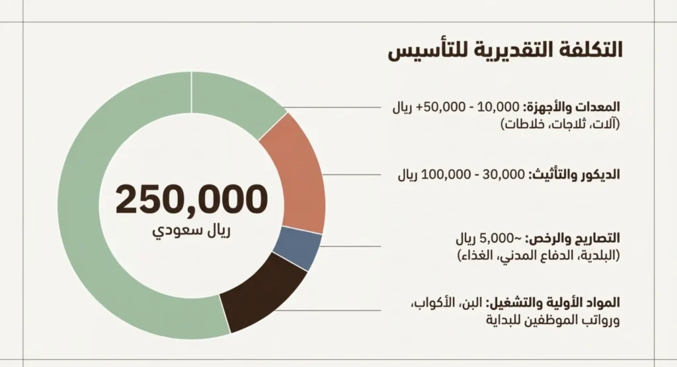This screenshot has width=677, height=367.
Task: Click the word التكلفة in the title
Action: pos(584,52)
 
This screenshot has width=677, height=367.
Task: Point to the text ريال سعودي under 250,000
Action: pos(192,232)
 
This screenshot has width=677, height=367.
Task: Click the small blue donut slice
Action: pos(297,248)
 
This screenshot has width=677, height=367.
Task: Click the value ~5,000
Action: pos(493,238)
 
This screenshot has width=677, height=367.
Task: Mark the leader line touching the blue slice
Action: pos(350,246)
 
